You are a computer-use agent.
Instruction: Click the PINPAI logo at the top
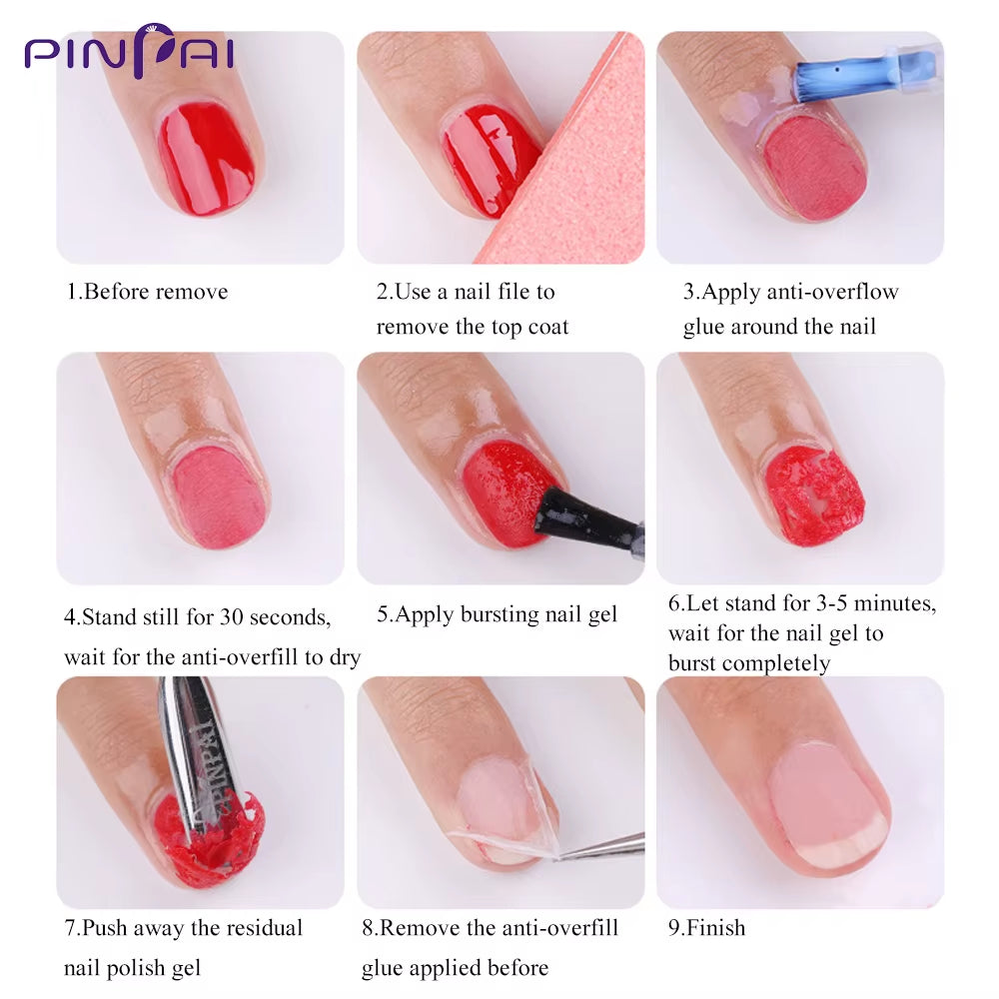pyautogui.click(x=129, y=51)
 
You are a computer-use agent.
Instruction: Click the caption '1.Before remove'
pyautogui.click(x=147, y=292)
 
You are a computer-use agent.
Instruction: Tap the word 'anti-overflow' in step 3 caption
pyautogui.click(x=831, y=292)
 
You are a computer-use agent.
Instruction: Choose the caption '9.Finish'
pyautogui.click(x=706, y=927)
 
